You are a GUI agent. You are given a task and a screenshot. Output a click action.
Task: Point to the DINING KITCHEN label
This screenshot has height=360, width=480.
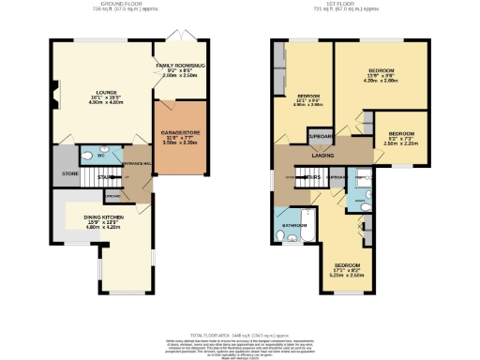pyautogui.click(x=98, y=220)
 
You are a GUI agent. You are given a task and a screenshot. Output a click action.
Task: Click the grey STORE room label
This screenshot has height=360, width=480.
pyautogui.click(x=68, y=172)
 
